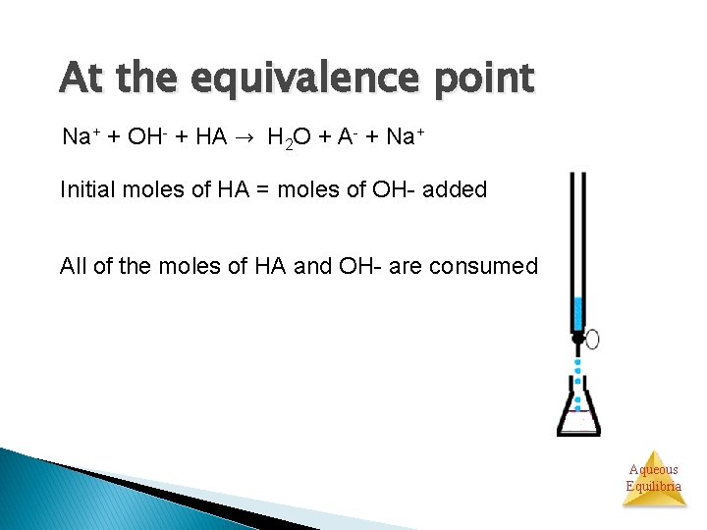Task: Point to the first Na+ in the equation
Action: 79,136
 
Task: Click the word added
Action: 455,189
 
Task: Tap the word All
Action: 73,266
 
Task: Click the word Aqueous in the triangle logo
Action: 654,469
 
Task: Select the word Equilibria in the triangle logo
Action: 654,486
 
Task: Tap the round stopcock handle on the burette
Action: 592,340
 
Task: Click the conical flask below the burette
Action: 578,412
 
